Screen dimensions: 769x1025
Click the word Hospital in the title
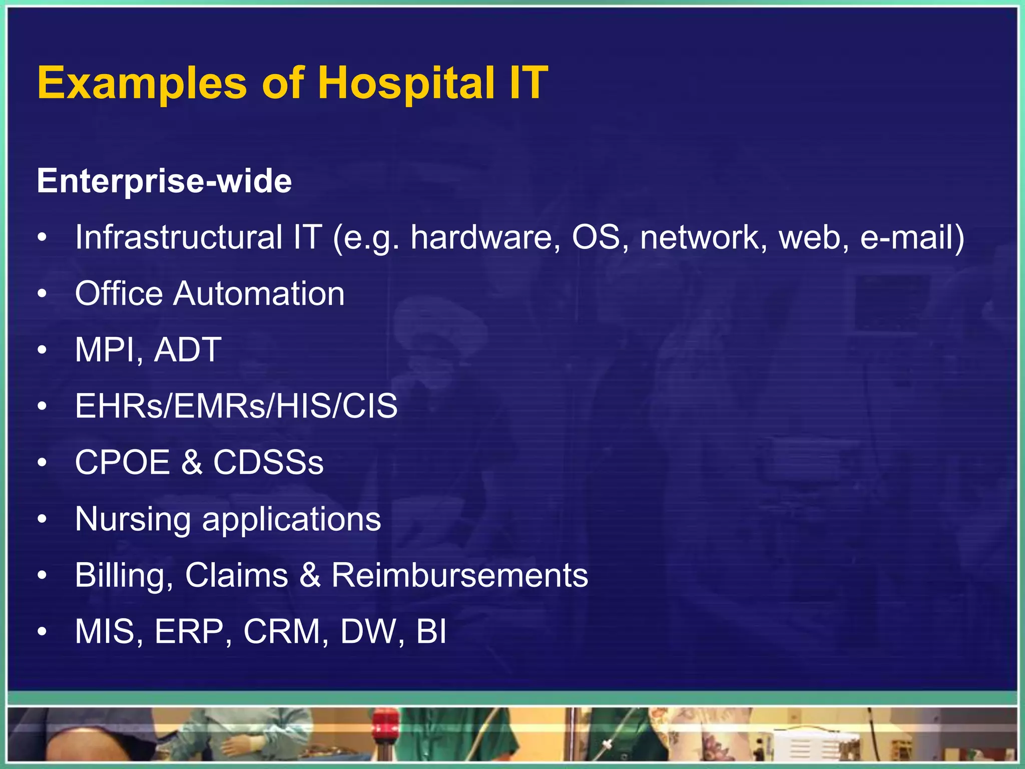(406, 84)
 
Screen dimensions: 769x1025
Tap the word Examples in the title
(142, 84)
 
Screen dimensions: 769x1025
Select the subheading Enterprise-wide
(164, 181)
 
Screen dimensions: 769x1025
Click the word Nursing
(133, 519)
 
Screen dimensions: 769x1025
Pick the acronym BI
(431, 631)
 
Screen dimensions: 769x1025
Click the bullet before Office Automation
(43, 294)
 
